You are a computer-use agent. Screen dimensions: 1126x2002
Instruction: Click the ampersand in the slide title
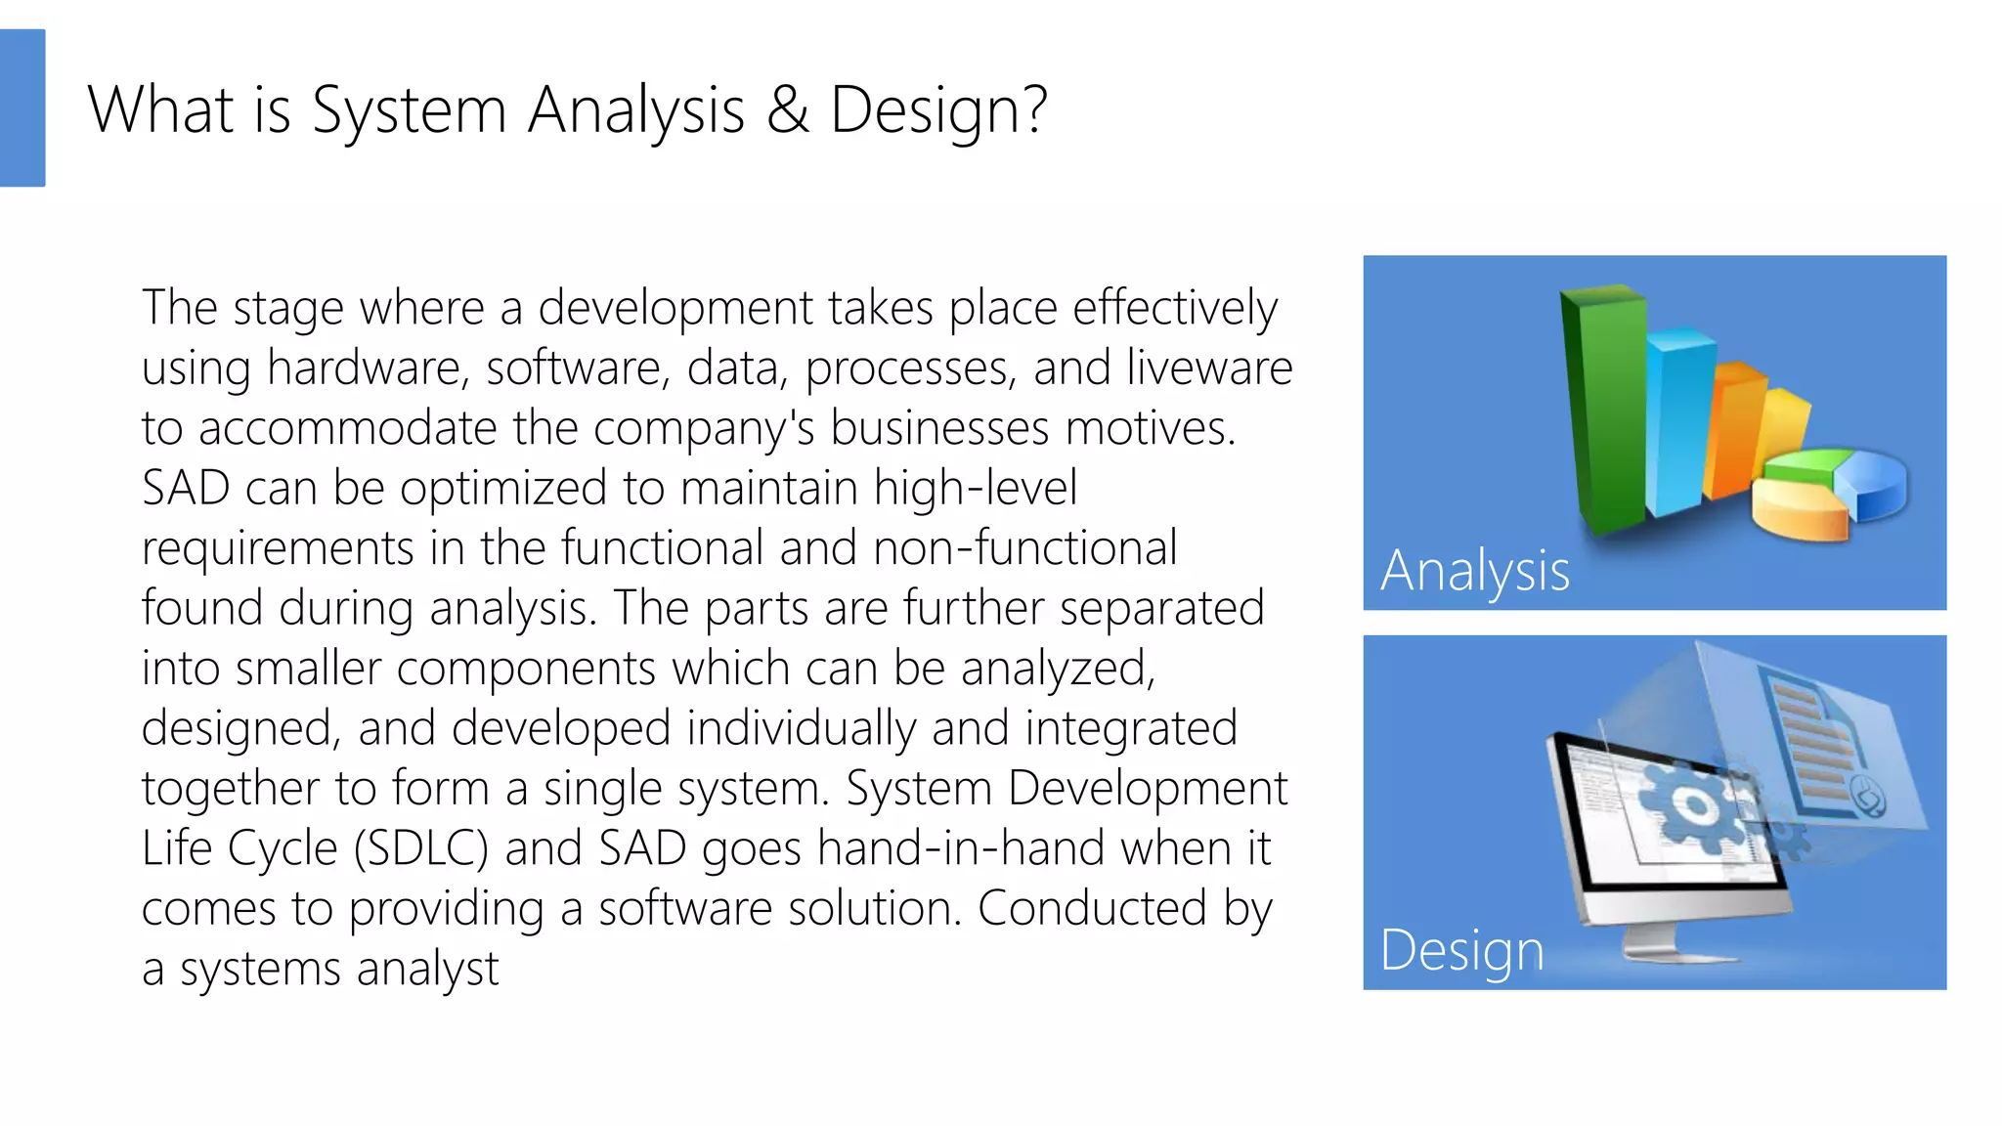point(788,109)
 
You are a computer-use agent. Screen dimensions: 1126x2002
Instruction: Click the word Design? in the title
point(938,109)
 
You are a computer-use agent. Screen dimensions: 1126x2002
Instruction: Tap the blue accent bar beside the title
point(22,108)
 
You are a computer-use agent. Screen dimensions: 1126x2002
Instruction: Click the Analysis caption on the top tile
point(1474,571)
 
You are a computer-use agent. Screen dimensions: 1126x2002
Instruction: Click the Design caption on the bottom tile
point(1461,950)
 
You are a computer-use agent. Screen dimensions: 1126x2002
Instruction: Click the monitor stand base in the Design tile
point(1677,950)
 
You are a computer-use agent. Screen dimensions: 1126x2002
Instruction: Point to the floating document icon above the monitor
point(1818,743)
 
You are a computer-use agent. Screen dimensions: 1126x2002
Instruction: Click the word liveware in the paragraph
point(1209,368)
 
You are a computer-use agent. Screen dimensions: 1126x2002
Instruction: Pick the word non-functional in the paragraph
point(1024,548)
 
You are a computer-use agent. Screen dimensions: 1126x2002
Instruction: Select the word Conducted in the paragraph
point(1091,909)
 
